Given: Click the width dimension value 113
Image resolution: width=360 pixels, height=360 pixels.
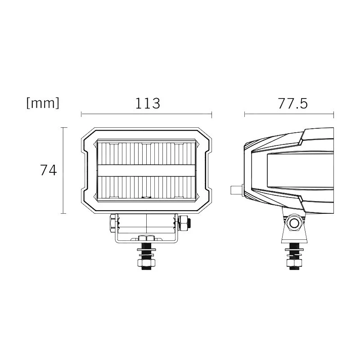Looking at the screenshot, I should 147,103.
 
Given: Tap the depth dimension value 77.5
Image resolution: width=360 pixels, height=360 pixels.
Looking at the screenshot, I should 292,103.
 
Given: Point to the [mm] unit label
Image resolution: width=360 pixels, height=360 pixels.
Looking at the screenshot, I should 43,103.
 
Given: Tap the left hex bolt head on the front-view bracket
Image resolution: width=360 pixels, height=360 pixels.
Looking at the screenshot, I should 112,223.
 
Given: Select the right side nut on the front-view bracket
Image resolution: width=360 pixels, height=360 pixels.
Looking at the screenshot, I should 184,222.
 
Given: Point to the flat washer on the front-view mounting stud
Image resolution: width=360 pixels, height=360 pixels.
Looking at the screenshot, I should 147,254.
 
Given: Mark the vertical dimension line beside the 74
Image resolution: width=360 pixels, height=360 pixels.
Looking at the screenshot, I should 63,171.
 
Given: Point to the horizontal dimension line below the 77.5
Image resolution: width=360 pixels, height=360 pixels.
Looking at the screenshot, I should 289,114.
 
